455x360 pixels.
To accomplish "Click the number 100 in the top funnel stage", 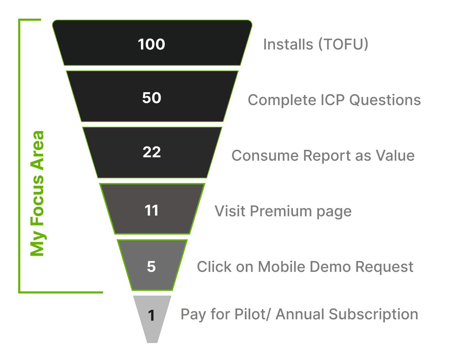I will click(x=152, y=44).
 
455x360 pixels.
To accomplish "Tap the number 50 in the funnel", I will click(x=152, y=98).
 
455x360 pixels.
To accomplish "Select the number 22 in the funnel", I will click(x=152, y=152).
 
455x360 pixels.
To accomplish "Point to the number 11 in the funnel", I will click(x=152, y=211).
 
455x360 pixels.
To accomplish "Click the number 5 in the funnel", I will click(x=151, y=267).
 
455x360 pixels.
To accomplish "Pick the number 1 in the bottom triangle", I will click(x=152, y=316).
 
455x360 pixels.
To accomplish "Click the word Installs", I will click(x=288, y=44).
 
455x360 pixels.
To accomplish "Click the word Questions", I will click(x=385, y=100).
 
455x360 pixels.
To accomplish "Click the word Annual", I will click(x=299, y=314).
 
